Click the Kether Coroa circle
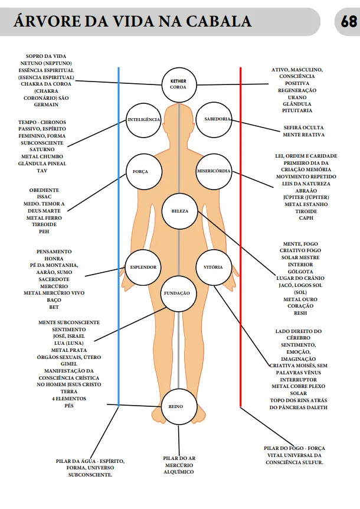pyautogui.click(x=178, y=84)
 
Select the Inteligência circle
pyautogui.click(x=143, y=120)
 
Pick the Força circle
pyautogui.click(x=140, y=172)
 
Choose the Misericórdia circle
pyautogui.click(x=213, y=172)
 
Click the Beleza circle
pyautogui.click(x=179, y=211)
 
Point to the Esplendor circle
pyautogui.click(x=143, y=267)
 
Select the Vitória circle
pyautogui.click(x=213, y=267)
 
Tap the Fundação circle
pyautogui.click(x=179, y=293)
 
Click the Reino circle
pyautogui.click(x=179, y=407)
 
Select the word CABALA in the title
pyautogui.click(x=219, y=22)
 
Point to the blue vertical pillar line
pyautogui.click(x=119, y=236)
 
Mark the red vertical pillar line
pyautogui.click(x=240, y=236)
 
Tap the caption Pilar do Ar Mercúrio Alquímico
pyautogui.click(x=179, y=465)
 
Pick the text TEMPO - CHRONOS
pyautogui.click(x=44, y=122)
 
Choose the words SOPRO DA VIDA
pyautogui.click(x=42, y=56)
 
